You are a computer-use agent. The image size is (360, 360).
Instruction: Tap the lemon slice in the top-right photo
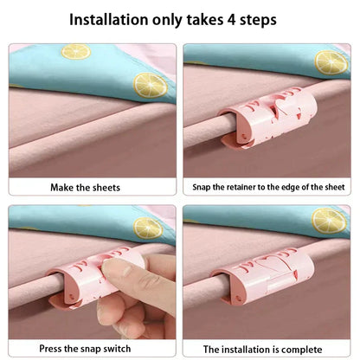(x=330, y=61)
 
